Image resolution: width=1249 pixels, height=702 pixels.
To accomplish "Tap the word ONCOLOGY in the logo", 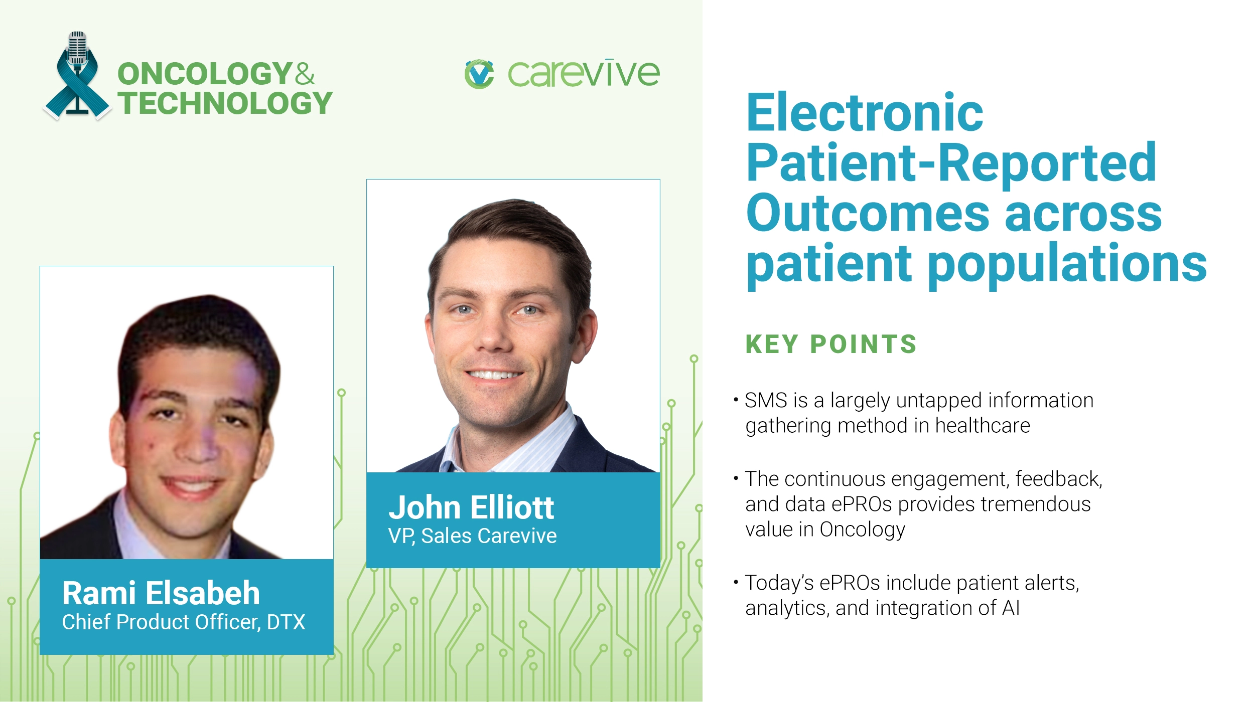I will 205,74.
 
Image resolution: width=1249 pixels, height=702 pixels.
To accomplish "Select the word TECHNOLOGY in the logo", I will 225,103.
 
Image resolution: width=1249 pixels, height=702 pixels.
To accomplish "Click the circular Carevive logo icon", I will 479,74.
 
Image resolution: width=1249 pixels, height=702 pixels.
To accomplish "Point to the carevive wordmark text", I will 584,74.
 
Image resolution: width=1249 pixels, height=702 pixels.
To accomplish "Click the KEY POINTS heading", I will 831,344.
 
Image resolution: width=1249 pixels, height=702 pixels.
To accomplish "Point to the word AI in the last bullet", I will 1011,608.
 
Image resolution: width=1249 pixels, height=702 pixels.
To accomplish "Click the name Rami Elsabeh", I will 161,593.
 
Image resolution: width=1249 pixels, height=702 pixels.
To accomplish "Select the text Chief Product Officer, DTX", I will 184,622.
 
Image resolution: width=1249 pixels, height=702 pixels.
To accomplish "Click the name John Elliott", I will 471,507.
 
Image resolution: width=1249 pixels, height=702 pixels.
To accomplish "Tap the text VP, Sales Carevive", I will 472,536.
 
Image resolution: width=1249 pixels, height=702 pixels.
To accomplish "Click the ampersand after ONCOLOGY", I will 305,74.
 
